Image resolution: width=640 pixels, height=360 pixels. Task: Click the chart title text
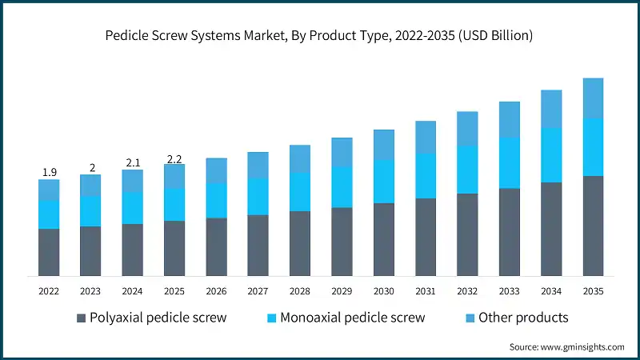(320, 36)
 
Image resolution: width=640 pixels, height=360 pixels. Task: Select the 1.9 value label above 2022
(49, 172)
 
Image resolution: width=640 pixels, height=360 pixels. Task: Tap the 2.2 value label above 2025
(174, 158)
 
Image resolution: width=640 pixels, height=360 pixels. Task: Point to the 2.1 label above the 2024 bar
(133, 163)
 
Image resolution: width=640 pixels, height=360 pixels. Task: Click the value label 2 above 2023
(91, 168)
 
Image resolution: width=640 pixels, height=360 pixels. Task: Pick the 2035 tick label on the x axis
(593, 291)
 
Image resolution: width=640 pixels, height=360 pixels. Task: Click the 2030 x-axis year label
(383, 291)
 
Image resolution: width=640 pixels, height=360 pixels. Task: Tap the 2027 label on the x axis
(258, 291)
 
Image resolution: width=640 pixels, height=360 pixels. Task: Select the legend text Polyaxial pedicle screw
(158, 318)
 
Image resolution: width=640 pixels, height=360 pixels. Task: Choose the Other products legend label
(523, 318)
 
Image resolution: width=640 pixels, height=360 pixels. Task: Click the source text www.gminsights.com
(566, 346)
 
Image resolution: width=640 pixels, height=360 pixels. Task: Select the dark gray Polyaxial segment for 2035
(593, 226)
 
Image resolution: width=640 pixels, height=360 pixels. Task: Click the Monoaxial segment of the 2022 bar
(49, 214)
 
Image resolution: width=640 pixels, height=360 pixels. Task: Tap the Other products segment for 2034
(551, 109)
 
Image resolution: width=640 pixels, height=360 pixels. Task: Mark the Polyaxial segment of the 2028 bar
(300, 243)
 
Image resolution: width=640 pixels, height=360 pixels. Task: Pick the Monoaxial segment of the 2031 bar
(426, 176)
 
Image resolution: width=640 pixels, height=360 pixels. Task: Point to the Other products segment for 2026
(216, 170)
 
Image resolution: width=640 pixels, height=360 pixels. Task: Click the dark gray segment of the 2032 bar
(467, 234)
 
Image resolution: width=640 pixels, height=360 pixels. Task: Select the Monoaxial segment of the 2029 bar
(342, 187)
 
